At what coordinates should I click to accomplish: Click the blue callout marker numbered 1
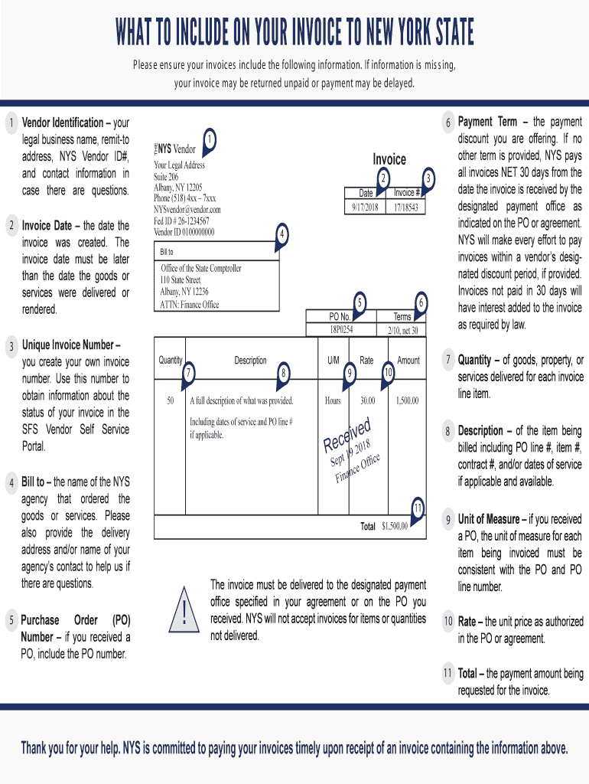tap(209, 139)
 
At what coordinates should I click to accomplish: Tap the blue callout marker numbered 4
tap(282, 234)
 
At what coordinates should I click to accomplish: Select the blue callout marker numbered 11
tap(418, 509)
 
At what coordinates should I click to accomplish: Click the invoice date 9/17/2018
tap(365, 207)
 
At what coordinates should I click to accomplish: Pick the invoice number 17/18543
tap(405, 207)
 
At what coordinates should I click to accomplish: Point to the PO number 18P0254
tap(340, 329)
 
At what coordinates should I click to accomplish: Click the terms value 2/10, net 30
tap(402, 329)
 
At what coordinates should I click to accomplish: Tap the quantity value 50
tap(170, 400)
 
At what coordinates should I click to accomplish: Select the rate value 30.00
tap(367, 400)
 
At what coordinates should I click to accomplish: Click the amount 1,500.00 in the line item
tap(407, 400)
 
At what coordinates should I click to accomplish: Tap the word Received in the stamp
tap(347, 436)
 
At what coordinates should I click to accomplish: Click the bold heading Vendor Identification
tap(63, 122)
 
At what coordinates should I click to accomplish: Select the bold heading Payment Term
tap(487, 122)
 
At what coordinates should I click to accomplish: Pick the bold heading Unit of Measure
tap(489, 519)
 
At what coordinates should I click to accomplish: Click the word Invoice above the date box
tap(389, 159)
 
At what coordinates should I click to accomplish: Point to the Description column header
tap(250, 361)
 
